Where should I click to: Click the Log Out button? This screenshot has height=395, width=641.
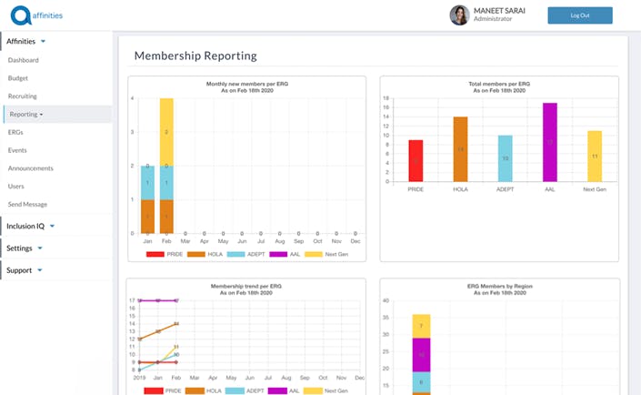[579, 15]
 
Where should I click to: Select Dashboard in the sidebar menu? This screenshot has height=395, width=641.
[24, 60]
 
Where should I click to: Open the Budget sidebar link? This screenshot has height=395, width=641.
[18, 78]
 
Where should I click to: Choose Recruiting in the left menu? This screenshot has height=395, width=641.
[23, 96]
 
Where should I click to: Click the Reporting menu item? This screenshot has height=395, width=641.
[25, 114]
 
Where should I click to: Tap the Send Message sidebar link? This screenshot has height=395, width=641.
[27, 204]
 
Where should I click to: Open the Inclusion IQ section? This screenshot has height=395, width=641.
[26, 226]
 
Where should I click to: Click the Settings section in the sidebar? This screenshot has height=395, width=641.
[20, 248]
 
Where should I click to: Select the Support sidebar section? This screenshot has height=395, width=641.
[20, 270]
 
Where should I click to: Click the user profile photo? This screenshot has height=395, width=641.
[459, 15]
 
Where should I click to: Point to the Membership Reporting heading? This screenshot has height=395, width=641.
[195, 56]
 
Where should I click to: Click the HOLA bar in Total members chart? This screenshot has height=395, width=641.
[460, 149]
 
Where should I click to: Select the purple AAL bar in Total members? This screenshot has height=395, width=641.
[549, 142]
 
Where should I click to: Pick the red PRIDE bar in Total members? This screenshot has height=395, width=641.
[416, 161]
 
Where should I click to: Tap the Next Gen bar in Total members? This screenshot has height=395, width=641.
[594, 157]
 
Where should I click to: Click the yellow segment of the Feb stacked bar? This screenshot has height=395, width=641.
[166, 132]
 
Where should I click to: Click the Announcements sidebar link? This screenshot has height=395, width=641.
[31, 168]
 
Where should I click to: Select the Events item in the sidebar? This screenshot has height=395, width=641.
[17, 150]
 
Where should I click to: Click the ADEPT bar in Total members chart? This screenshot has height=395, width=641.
[505, 158]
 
